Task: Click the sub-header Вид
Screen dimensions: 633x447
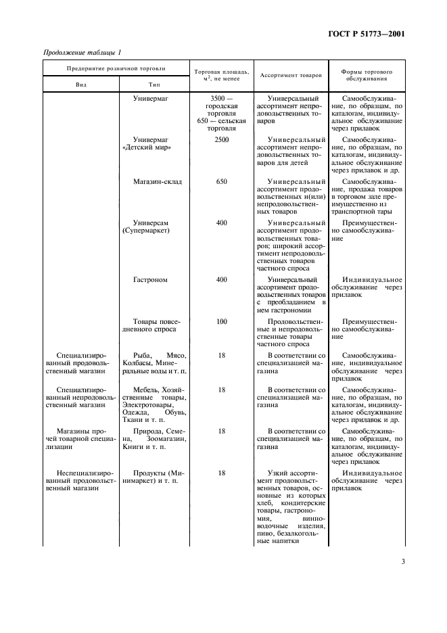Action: (80, 85)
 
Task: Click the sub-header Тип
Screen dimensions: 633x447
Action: (154, 85)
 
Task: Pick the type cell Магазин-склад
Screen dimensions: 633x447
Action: (158, 182)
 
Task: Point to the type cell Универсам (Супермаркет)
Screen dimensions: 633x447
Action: (151, 226)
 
